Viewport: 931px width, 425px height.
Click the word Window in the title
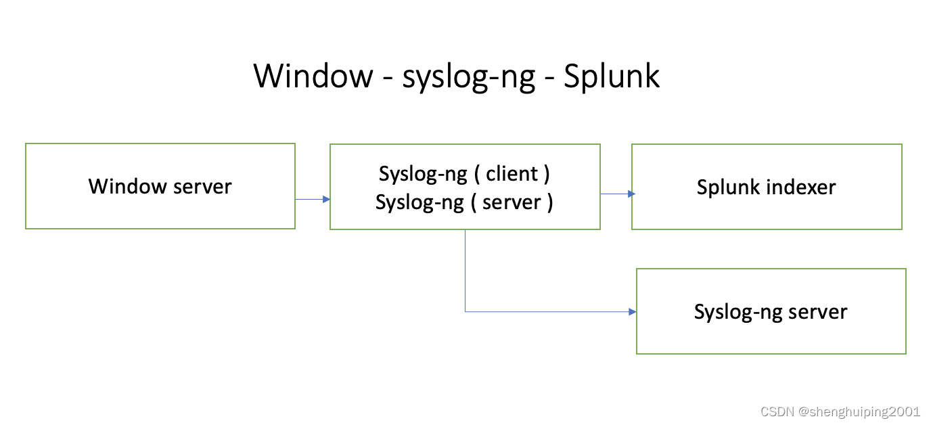click(x=313, y=76)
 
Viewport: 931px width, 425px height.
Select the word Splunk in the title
click(x=612, y=76)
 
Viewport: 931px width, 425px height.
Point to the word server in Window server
click(x=201, y=187)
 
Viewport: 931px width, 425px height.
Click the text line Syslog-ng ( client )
click(x=464, y=174)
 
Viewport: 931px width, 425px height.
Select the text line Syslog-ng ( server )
click(x=464, y=202)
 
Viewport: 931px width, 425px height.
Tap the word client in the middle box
click(x=512, y=174)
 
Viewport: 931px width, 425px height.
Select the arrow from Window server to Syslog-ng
click(x=312, y=199)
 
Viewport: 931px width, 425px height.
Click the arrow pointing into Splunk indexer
click(x=616, y=194)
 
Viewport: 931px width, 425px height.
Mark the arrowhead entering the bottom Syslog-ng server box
click(x=633, y=312)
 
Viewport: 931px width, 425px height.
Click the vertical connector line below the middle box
click(x=465, y=271)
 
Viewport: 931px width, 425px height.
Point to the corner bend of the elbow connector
click(x=465, y=312)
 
